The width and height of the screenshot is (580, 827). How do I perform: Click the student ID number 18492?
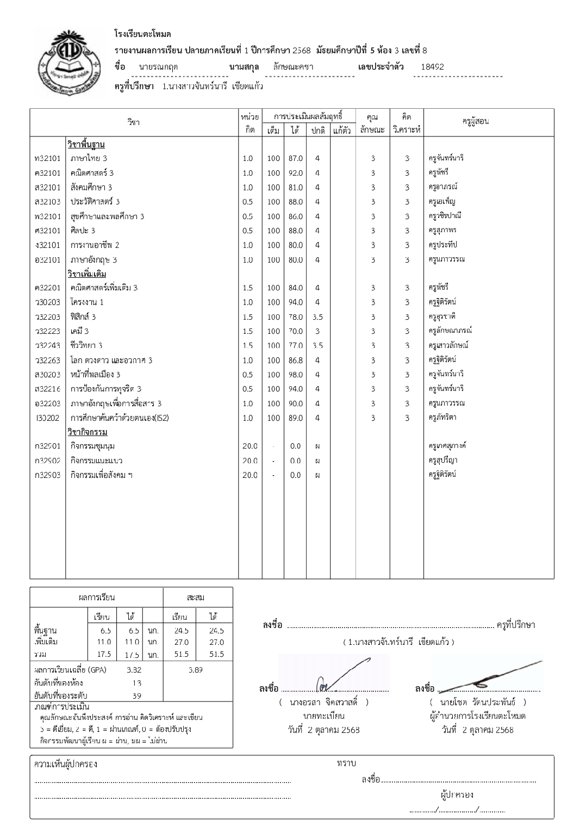coord(432,67)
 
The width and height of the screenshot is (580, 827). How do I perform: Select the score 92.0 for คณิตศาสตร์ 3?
coord(295,173)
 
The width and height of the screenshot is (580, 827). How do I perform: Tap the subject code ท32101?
coord(47,158)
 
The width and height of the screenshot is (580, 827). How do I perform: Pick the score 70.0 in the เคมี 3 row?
coord(295,331)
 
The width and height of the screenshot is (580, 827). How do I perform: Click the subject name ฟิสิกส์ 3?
coord(83,316)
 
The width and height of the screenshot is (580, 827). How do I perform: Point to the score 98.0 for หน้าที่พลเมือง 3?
coord(295,375)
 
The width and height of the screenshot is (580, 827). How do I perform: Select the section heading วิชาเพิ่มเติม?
coord(86,273)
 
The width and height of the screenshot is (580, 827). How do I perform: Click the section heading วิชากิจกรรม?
coord(87,432)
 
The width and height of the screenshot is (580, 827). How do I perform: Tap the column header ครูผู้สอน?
coord(475,121)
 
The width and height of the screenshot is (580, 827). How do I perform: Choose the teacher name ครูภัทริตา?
coord(442,418)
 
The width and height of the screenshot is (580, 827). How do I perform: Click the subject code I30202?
coord(47,418)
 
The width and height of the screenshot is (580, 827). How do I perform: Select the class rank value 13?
coord(136,683)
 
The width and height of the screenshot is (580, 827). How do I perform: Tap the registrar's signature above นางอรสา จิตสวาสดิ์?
coord(334,676)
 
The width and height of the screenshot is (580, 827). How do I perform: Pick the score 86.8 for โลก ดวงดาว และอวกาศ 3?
coord(295,360)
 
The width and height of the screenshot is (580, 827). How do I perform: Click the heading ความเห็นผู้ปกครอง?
coord(65,764)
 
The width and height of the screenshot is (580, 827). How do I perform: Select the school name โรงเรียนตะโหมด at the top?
coord(143,34)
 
